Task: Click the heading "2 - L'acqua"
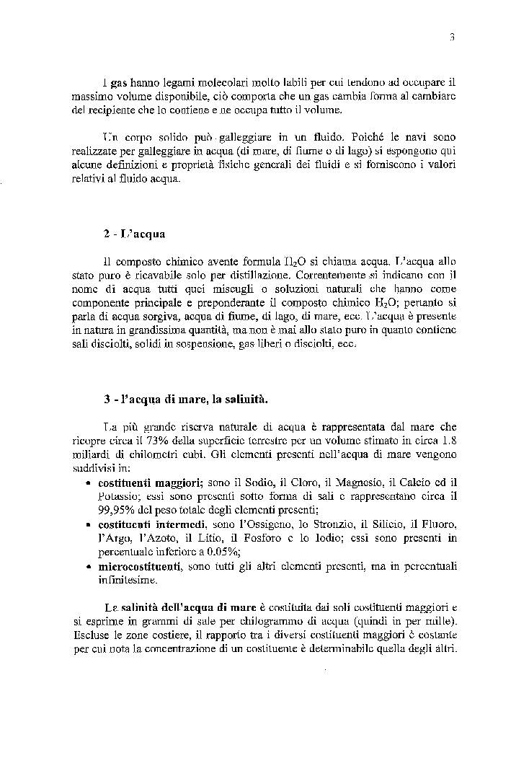pos(135,235)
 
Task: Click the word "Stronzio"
pos(325,524)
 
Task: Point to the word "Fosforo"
pos(274,537)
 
